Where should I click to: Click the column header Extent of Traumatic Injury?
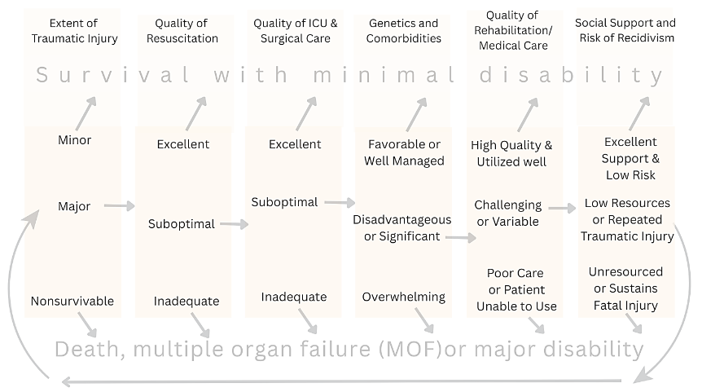click(x=73, y=30)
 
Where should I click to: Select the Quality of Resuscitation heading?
click(x=186, y=30)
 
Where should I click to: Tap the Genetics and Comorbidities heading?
click(x=402, y=30)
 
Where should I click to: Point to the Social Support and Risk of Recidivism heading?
click(x=625, y=30)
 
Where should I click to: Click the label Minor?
click(x=74, y=140)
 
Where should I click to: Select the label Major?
click(x=74, y=206)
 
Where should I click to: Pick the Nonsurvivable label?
click(x=72, y=302)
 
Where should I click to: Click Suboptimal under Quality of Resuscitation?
click(x=182, y=224)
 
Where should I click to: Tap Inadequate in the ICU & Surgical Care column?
click(x=294, y=297)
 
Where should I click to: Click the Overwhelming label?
click(x=404, y=297)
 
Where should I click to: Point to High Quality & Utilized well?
click(x=511, y=153)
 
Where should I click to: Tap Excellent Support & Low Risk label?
click(x=630, y=158)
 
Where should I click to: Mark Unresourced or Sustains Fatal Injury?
click(x=626, y=288)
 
